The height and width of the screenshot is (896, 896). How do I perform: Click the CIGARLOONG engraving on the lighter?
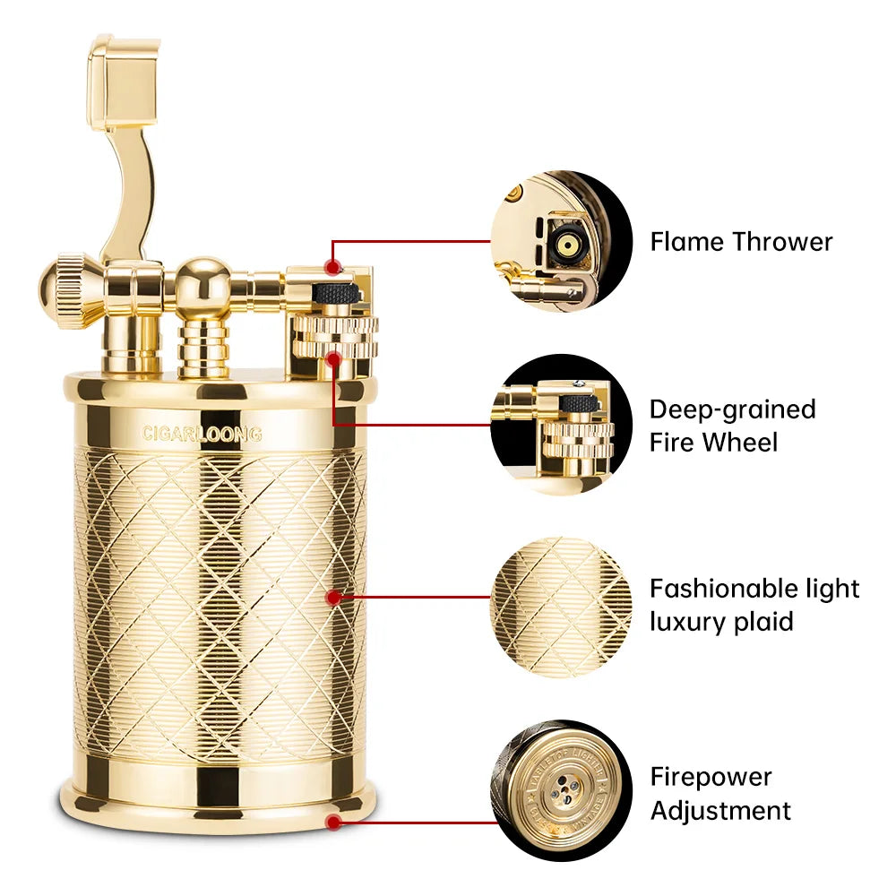coord(202,435)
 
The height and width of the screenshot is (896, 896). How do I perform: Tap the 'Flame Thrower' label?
coord(741,242)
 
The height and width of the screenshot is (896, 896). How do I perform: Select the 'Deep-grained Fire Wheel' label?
coord(732,426)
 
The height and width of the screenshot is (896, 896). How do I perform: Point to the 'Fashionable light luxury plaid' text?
coord(754,605)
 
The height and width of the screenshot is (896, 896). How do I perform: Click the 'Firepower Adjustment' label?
coord(720,794)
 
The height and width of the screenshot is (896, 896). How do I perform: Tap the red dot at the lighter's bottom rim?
coord(333,821)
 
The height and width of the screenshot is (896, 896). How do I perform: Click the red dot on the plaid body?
coord(333,596)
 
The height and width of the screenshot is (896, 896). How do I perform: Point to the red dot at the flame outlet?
coord(333,267)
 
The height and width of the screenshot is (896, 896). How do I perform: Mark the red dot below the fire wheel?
coord(333,358)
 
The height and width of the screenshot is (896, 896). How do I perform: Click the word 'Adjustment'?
coord(720,812)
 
